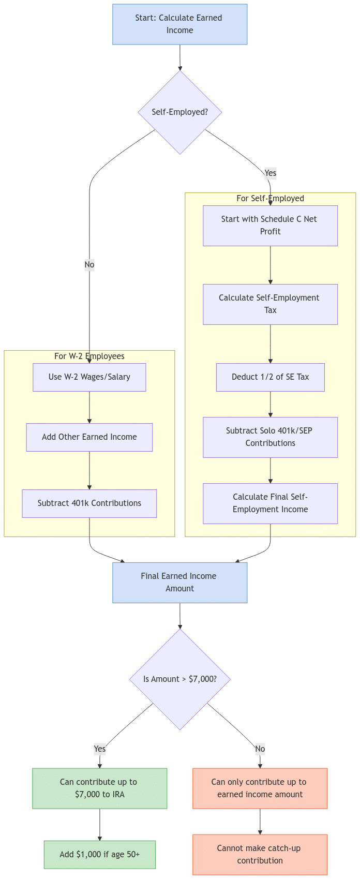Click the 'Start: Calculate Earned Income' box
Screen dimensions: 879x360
point(179,24)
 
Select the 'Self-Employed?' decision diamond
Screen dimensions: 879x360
point(179,112)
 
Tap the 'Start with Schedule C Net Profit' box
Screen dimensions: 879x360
point(270,226)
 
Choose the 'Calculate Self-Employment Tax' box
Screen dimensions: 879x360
point(270,304)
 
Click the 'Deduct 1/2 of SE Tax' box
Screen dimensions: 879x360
point(270,377)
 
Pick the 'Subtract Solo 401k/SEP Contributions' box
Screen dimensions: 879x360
point(270,437)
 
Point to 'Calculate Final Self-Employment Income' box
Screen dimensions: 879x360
point(270,503)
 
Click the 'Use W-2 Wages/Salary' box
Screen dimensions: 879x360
point(89,377)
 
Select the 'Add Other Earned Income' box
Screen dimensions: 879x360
point(89,437)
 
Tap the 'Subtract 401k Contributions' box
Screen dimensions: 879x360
point(89,503)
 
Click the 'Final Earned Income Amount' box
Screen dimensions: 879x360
point(179,583)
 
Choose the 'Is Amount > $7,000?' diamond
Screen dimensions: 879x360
point(179,679)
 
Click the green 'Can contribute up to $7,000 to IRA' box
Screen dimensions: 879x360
point(99,788)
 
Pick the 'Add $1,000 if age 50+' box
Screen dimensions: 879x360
point(99,855)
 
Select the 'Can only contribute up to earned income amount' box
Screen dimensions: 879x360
point(260,788)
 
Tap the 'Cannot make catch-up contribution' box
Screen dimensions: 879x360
point(260,855)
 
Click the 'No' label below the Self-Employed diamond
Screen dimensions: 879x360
point(89,265)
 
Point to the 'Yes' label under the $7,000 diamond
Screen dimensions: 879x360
point(99,749)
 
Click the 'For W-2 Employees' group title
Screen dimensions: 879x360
point(89,356)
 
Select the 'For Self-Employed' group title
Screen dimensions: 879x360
point(270,198)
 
